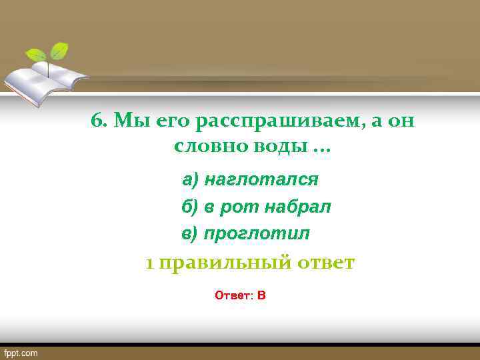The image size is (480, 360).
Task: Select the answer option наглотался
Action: pyautogui.click(x=261, y=180)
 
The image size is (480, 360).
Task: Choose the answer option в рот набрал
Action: pyautogui.click(x=267, y=207)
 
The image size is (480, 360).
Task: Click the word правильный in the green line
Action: pyautogui.click(x=225, y=263)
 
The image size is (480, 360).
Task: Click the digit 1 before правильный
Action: pyautogui.click(x=150, y=263)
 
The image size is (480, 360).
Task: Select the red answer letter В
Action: pyautogui.click(x=261, y=295)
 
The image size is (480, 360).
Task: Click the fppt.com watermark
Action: pyautogui.click(x=21, y=353)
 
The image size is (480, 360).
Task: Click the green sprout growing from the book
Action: pyautogui.click(x=49, y=53)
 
